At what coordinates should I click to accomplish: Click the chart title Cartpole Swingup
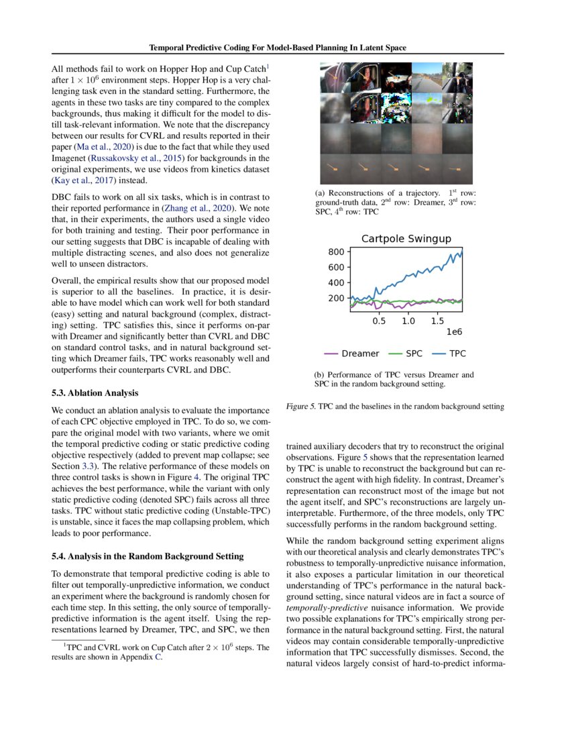point(406,239)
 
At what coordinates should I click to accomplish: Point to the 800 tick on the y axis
point(336,252)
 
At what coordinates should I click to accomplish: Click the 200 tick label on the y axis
point(336,299)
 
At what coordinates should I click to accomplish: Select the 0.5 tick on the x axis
point(379,321)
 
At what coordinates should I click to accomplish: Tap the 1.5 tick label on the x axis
point(437,321)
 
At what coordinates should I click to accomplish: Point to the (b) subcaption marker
point(320,374)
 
